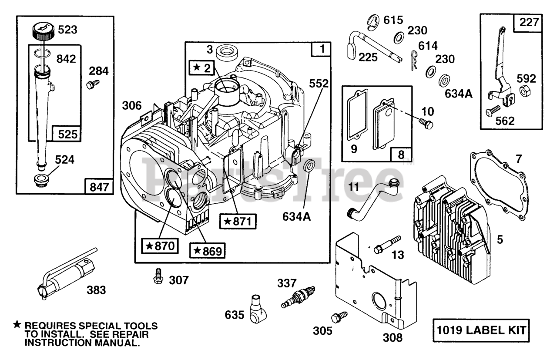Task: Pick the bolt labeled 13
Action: pos(387,244)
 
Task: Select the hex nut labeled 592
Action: pos(525,92)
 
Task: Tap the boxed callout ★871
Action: pos(238,221)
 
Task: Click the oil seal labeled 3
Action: pos(226,51)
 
